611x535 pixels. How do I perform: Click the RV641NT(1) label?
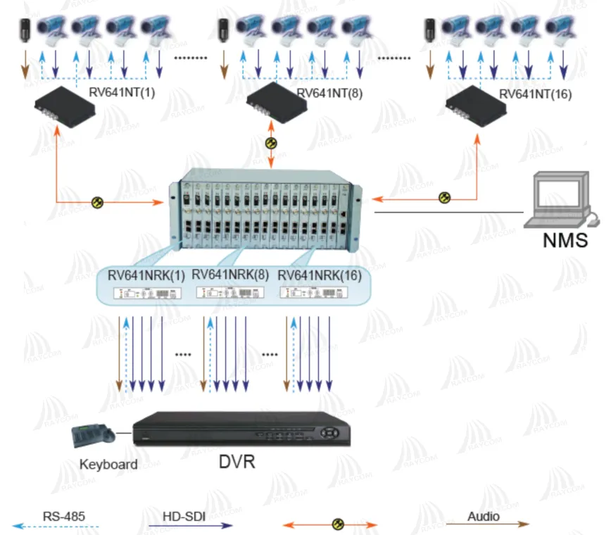pyautogui.click(x=122, y=93)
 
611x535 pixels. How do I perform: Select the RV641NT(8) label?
pyautogui.click(x=329, y=93)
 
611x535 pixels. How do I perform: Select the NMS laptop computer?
pyautogui.click(x=561, y=199)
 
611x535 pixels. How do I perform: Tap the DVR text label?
pyautogui.click(x=237, y=462)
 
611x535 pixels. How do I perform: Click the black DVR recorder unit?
pyautogui.click(x=239, y=427)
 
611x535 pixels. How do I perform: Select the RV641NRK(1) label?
pyautogui.click(x=146, y=275)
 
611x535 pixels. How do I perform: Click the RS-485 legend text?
pyautogui.click(x=63, y=517)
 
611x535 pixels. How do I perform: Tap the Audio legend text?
pyautogui.click(x=483, y=516)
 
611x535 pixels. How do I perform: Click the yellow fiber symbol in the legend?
pyautogui.click(x=338, y=524)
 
